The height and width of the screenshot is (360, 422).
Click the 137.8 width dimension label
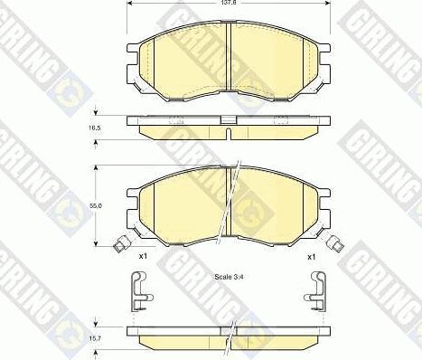click(229, 2)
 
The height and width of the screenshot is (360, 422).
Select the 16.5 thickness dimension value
click(96, 128)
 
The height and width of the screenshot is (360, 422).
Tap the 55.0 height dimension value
click(96, 205)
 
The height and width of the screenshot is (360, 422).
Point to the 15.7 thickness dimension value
click(96, 338)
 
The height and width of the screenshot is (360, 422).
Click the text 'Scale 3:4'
click(229, 277)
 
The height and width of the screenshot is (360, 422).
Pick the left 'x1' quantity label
click(143, 257)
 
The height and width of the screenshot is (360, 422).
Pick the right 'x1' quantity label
click(311, 257)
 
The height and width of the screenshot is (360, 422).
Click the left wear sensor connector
click(122, 244)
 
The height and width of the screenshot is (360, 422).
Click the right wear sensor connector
click(335, 244)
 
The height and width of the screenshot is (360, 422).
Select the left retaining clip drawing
click(141, 291)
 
